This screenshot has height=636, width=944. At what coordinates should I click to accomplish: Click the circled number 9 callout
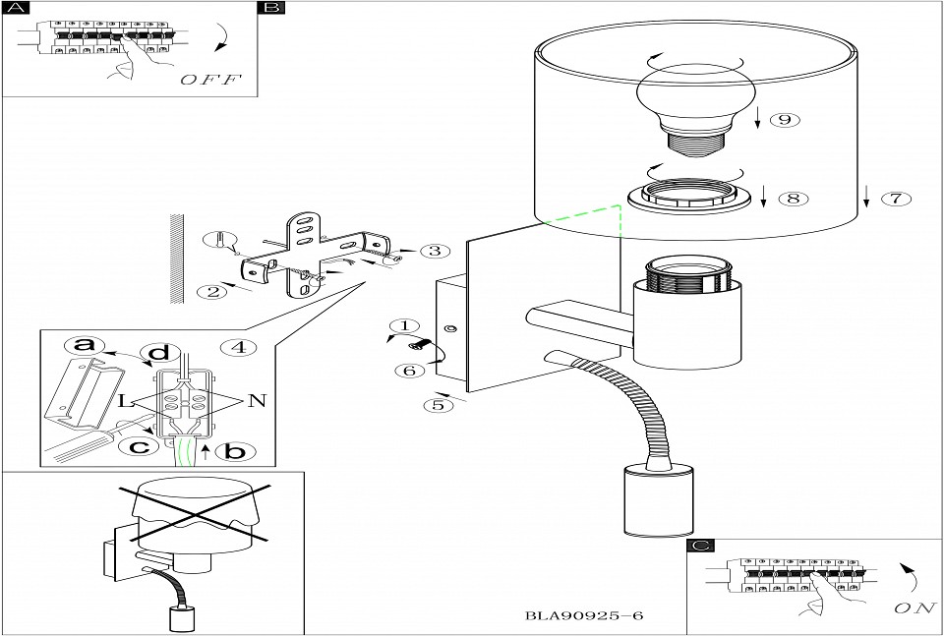pyautogui.click(x=783, y=120)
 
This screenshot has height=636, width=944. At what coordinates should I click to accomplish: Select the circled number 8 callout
pyautogui.click(x=793, y=198)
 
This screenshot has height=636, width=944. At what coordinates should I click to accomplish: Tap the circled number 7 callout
pyautogui.click(x=894, y=198)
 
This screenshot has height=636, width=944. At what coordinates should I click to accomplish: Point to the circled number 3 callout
pyautogui.click(x=434, y=251)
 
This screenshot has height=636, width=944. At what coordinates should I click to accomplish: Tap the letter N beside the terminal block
pyautogui.click(x=257, y=400)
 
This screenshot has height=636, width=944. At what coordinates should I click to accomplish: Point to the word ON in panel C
pyautogui.click(x=914, y=608)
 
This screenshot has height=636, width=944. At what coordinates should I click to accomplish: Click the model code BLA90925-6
pyautogui.click(x=584, y=616)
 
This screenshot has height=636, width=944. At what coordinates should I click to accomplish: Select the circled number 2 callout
pyautogui.click(x=207, y=291)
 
